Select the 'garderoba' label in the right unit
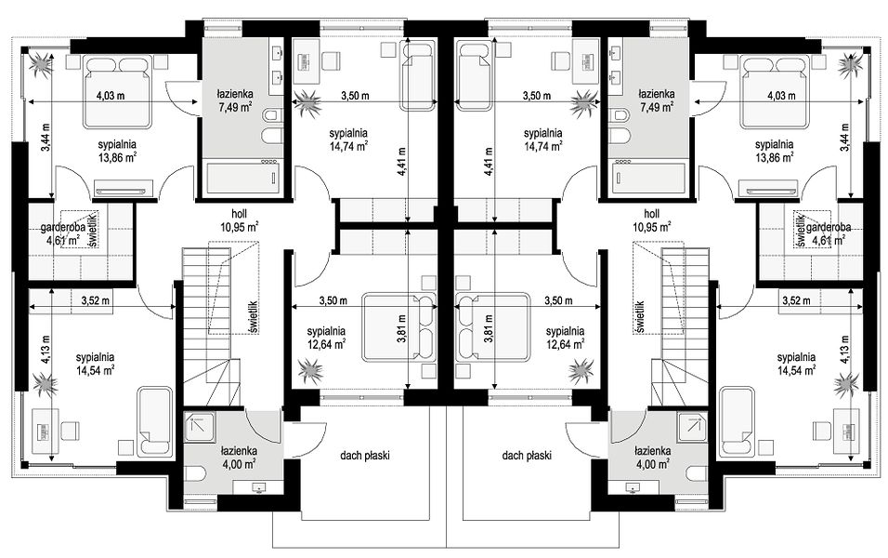pyautogui.click(x=829, y=228)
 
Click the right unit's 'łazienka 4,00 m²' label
pyautogui.click(x=652, y=457)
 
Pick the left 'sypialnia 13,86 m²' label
pyautogui.click(x=117, y=152)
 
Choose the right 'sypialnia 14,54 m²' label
pyautogui.click(x=796, y=364)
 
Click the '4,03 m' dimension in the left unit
pyautogui.click(x=111, y=96)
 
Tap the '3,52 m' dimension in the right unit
pyautogui.click(x=796, y=300)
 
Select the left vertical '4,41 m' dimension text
pyautogui.click(x=402, y=162)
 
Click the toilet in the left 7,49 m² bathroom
pyautogui.click(x=271, y=115)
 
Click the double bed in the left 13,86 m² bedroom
pyautogui.click(x=118, y=91)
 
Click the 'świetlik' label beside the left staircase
pyautogui.click(x=253, y=316)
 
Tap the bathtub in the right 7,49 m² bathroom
pyautogui.click(x=649, y=179)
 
